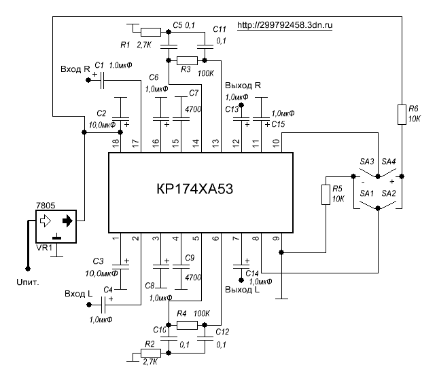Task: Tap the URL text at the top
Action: [290, 26]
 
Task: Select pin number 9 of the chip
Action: [275, 237]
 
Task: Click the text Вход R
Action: [75, 70]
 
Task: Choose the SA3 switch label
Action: [366, 161]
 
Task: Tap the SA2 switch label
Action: [389, 194]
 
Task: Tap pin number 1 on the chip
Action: [116, 237]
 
